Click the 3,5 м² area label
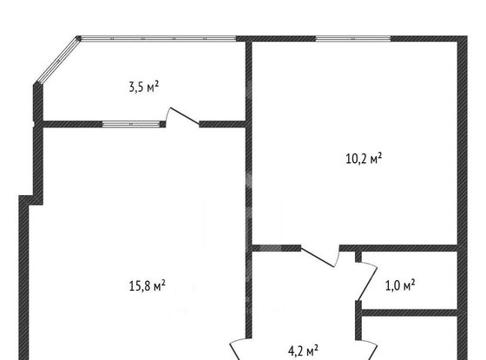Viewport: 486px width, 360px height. click(144, 87)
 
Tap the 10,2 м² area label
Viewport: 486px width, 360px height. click(364, 158)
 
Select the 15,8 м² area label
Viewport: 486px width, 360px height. click(147, 285)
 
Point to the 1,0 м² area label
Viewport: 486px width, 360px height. click(400, 285)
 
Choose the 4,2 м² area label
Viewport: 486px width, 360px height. click(303, 351)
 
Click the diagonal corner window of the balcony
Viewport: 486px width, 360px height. click(58, 61)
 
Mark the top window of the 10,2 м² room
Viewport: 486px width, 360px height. click(353, 39)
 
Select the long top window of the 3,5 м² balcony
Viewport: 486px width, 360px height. click(158, 39)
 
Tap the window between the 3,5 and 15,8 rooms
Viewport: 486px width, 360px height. click(131, 124)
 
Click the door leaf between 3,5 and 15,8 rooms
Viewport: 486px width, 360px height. click(185, 116)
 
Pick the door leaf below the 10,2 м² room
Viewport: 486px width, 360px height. click(318, 257)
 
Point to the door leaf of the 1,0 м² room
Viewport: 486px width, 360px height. click(368, 284)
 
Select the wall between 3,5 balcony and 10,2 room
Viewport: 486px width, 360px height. click(248, 82)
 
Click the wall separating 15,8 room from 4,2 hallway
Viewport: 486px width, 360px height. click(248, 232)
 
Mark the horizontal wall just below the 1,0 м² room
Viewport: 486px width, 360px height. click(410, 312)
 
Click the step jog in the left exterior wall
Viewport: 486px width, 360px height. click(31, 200)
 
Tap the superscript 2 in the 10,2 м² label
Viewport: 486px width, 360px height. click(380, 155)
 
